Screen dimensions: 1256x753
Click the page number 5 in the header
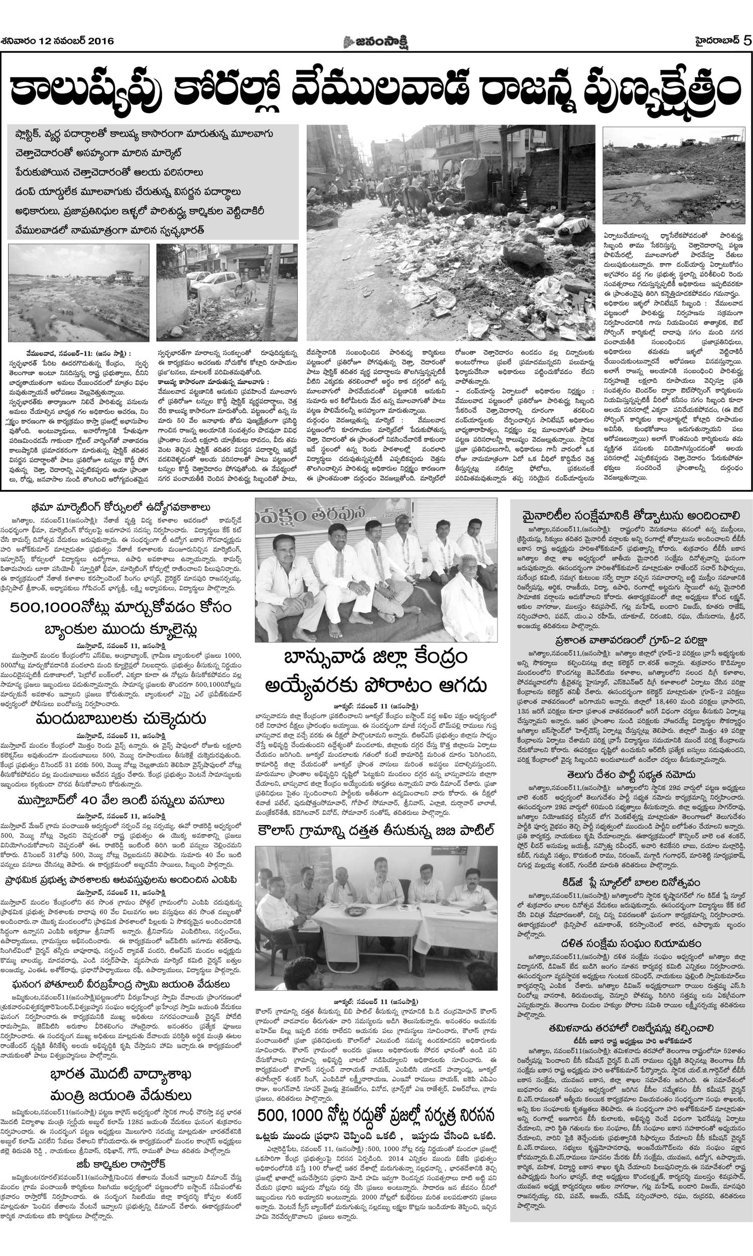746,41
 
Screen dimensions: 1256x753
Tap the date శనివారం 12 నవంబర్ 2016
57,41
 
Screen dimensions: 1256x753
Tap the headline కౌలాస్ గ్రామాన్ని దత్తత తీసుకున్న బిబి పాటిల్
376,831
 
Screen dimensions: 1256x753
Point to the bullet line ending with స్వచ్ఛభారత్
109,230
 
